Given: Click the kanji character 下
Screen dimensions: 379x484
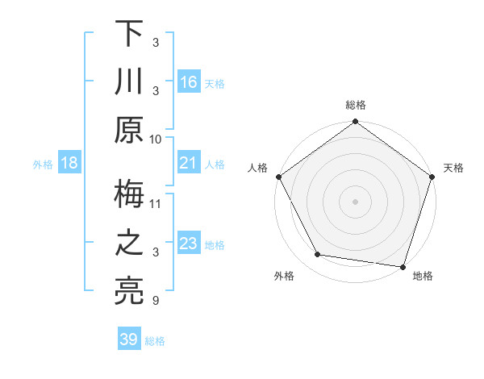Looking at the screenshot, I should point(129,34).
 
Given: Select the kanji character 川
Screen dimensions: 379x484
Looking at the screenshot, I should point(129,81).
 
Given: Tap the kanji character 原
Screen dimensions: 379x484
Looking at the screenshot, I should point(129,129).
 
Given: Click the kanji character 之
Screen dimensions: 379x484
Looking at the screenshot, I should point(129,244).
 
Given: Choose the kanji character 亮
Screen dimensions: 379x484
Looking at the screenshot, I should point(129,291).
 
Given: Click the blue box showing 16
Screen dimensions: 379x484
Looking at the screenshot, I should point(189,81).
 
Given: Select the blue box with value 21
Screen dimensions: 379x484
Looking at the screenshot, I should point(189,164).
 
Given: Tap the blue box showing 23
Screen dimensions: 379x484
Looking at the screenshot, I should point(189,244).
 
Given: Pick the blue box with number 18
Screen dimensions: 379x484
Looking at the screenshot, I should point(69,164).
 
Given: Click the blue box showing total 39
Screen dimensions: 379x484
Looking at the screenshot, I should point(129,339).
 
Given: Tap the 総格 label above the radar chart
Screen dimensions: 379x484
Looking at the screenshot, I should point(356,105).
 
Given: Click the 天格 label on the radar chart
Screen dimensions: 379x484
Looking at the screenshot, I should point(453,168).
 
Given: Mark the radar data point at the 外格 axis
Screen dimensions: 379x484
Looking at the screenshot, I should point(318,255).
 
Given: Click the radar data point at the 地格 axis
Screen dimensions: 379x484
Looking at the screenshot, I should point(403,266).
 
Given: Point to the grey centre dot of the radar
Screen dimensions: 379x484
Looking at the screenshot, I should point(356,201).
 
